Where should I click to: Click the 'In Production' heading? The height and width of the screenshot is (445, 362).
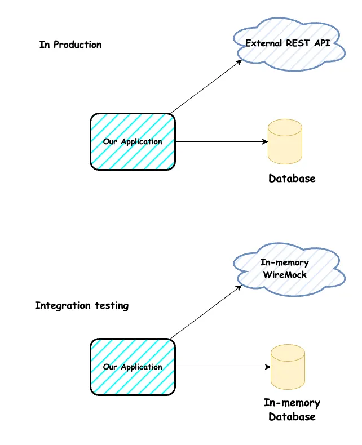[70, 44]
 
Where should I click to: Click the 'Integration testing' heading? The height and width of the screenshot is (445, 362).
[82, 306]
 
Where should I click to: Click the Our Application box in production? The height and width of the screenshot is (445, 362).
[133, 141]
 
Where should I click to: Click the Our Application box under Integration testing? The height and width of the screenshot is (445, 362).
[133, 367]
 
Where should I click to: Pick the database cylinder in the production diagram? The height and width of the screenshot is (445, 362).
[285, 141]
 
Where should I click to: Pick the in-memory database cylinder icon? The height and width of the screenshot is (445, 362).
[288, 367]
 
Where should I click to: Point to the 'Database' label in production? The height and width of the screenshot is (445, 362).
[292, 179]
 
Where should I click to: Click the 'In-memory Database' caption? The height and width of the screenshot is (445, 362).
[292, 410]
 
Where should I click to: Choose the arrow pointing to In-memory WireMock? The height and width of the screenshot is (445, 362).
[206, 312]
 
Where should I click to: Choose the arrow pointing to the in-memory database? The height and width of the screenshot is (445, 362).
[223, 367]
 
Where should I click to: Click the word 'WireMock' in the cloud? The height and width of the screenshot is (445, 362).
[285, 274]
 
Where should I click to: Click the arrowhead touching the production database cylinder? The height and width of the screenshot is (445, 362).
[265, 142]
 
